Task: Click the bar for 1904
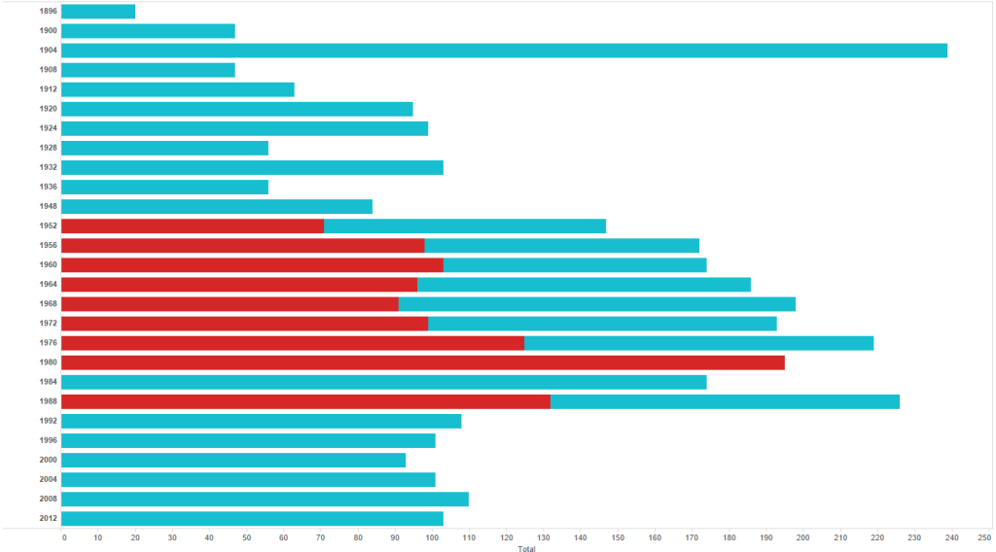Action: [x=504, y=51]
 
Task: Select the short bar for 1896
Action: [x=98, y=12]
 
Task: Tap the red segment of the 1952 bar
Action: [x=193, y=225]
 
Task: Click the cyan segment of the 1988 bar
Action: [x=725, y=401]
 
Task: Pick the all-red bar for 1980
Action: [x=423, y=362]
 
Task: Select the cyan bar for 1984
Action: [x=383, y=382]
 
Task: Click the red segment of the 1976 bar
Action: [x=293, y=343]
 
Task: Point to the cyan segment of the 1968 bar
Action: [x=597, y=304]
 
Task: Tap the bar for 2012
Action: [x=252, y=518]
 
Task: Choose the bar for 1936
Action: [x=164, y=187]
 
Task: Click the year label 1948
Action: [x=48, y=206]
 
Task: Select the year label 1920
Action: [x=48, y=109]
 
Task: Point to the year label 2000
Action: [x=48, y=460]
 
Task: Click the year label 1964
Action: [x=48, y=285]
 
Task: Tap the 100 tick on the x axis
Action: [x=432, y=537]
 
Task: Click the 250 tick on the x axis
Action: [x=984, y=537]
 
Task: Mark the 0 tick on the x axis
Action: [x=64, y=537]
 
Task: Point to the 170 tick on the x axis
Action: [x=691, y=537]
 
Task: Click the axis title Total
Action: [x=526, y=548]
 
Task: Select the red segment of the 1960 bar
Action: [x=252, y=264]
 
